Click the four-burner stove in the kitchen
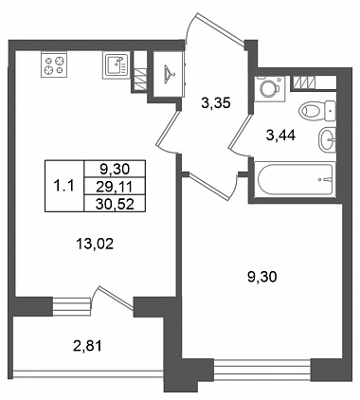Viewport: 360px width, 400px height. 55,64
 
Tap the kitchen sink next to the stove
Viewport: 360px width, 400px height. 115,66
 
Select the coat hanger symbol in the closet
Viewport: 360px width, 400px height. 170,74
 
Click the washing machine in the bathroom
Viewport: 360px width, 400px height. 270,88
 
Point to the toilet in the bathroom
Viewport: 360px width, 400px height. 316,111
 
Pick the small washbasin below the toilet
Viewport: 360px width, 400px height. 327,139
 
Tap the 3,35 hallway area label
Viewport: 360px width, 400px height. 216,103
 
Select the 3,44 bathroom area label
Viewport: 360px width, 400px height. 281,136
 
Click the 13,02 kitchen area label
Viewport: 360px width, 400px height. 95,245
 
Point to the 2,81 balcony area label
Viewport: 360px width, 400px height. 87,346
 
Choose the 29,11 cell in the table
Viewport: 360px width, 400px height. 115,187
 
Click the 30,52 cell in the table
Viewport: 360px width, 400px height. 115,204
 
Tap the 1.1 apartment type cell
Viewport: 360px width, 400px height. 64,187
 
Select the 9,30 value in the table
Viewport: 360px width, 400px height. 115,170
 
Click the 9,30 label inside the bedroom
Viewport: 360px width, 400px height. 262,277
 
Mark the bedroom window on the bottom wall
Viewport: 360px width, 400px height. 262,371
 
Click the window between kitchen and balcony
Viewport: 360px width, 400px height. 72,306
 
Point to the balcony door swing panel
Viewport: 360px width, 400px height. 116,298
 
